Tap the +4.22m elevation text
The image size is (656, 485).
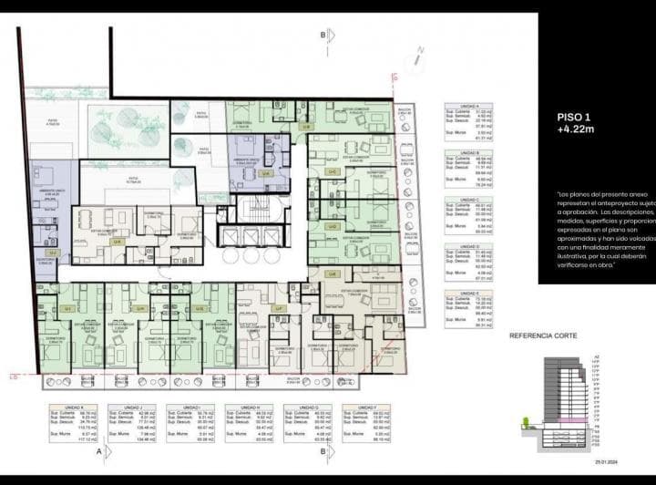pos(576,130)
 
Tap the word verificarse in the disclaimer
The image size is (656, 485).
pos(579,265)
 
